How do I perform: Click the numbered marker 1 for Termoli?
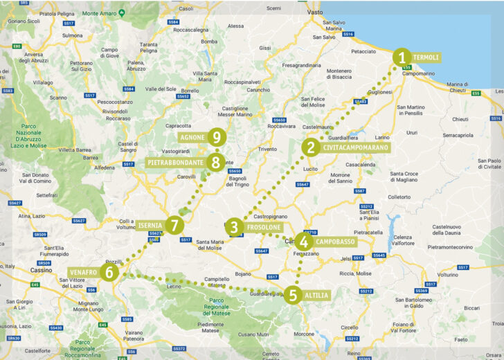click(x=401, y=57)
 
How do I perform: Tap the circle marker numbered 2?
click(x=311, y=147)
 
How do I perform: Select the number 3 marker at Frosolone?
click(x=235, y=226)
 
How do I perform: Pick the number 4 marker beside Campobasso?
click(x=303, y=242)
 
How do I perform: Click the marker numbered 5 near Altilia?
click(x=292, y=295)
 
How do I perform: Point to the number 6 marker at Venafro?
click(x=108, y=272)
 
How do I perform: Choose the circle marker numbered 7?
click(x=174, y=225)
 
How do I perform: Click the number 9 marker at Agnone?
click(x=217, y=137)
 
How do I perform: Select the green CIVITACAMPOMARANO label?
click(x=355, y=147)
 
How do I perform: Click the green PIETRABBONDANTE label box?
click(x=176, y=163)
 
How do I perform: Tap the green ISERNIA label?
click(x=150, y=225)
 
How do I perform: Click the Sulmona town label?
click(x=72, y=35)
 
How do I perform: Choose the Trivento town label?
click(x=265, y=149)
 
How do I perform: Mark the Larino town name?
click(x=382, y=138)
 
